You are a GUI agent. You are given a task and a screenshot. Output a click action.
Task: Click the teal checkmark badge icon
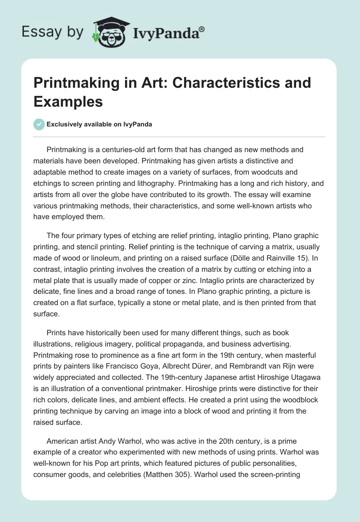click(x=39, y=124)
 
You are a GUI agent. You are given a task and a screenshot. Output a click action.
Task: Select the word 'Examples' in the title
click(x=68, y=101)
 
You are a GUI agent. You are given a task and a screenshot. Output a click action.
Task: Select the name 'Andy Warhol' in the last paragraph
click(x=116, y=441)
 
